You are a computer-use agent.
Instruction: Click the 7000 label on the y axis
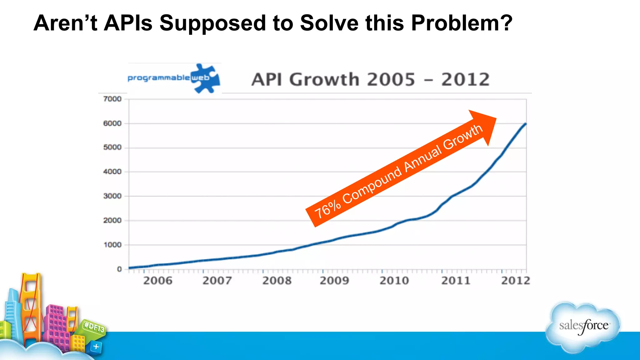pos(112,99)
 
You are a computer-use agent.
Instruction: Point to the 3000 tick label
pos(112,196)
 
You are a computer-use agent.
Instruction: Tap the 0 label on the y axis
pos(119,269)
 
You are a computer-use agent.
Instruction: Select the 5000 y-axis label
pos(112,147)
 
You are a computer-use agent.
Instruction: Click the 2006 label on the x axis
pos(158,281)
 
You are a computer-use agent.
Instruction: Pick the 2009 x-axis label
pos(334,281)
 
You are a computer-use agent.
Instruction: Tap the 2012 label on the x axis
pos(515,281)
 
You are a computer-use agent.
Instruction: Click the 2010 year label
pos(394,281)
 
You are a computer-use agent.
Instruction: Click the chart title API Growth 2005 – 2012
pos(370,79)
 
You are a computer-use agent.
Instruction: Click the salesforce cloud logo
pos(583,327)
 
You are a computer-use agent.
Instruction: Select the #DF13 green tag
pos(94,327)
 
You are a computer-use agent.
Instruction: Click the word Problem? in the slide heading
pos(461,23)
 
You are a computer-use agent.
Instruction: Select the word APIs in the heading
pos(128,23)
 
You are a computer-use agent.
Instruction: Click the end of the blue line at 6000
pos(526,124)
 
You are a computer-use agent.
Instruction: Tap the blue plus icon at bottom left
pos(96,347)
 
